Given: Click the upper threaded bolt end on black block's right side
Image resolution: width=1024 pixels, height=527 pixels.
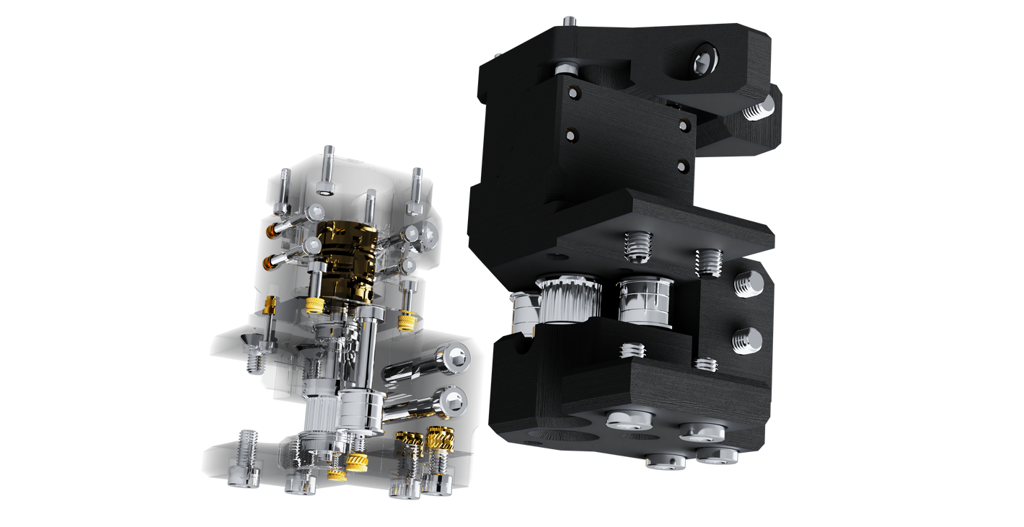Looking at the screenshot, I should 749,283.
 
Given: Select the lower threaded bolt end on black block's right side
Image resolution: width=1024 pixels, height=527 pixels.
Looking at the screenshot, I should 747,340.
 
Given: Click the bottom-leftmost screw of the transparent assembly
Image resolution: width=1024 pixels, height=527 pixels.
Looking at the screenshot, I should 243,476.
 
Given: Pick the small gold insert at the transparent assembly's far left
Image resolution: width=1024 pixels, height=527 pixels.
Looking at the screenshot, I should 271,306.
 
